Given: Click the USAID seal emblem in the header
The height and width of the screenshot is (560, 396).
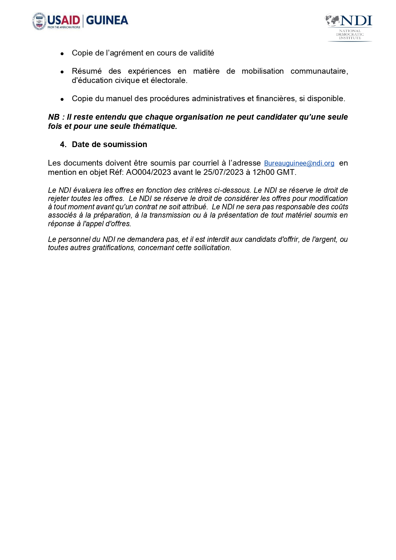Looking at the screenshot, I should [39, 21].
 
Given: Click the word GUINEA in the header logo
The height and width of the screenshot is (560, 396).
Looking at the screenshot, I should [107, 20].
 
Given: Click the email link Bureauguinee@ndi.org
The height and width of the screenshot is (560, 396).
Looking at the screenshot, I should [299, 163].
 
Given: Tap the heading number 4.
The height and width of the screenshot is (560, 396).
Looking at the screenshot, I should [63, 145].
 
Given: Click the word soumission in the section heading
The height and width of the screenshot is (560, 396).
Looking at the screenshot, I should [127, 145].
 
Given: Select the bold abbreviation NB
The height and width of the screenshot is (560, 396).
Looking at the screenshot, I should [54, 117].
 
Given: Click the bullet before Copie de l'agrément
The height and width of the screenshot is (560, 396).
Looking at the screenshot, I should [62, 54].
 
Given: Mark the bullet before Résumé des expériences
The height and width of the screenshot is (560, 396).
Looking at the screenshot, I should [62, 72].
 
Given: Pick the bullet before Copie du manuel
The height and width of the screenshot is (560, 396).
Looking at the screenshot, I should [62, 99].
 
